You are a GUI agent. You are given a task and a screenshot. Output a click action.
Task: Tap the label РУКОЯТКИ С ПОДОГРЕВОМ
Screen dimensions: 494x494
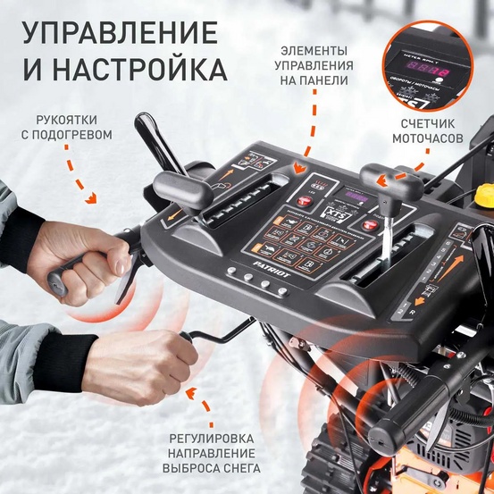point(74,126)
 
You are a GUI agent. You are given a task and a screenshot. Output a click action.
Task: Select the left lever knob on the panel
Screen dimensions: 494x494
point(182,185)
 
